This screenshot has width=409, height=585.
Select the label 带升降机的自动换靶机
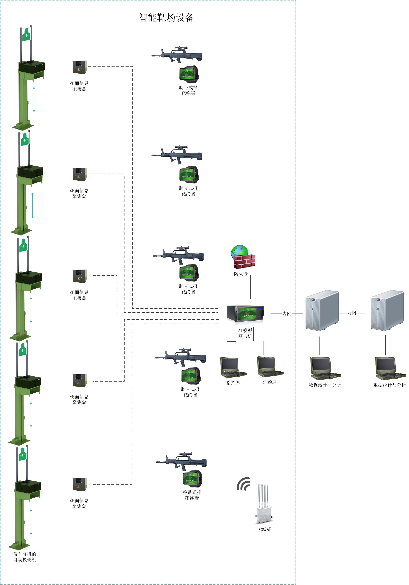(x=25, y=557)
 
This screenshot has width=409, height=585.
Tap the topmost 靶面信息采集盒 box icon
(x=80, y=67)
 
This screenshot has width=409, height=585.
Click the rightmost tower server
(x=387, y=310)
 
